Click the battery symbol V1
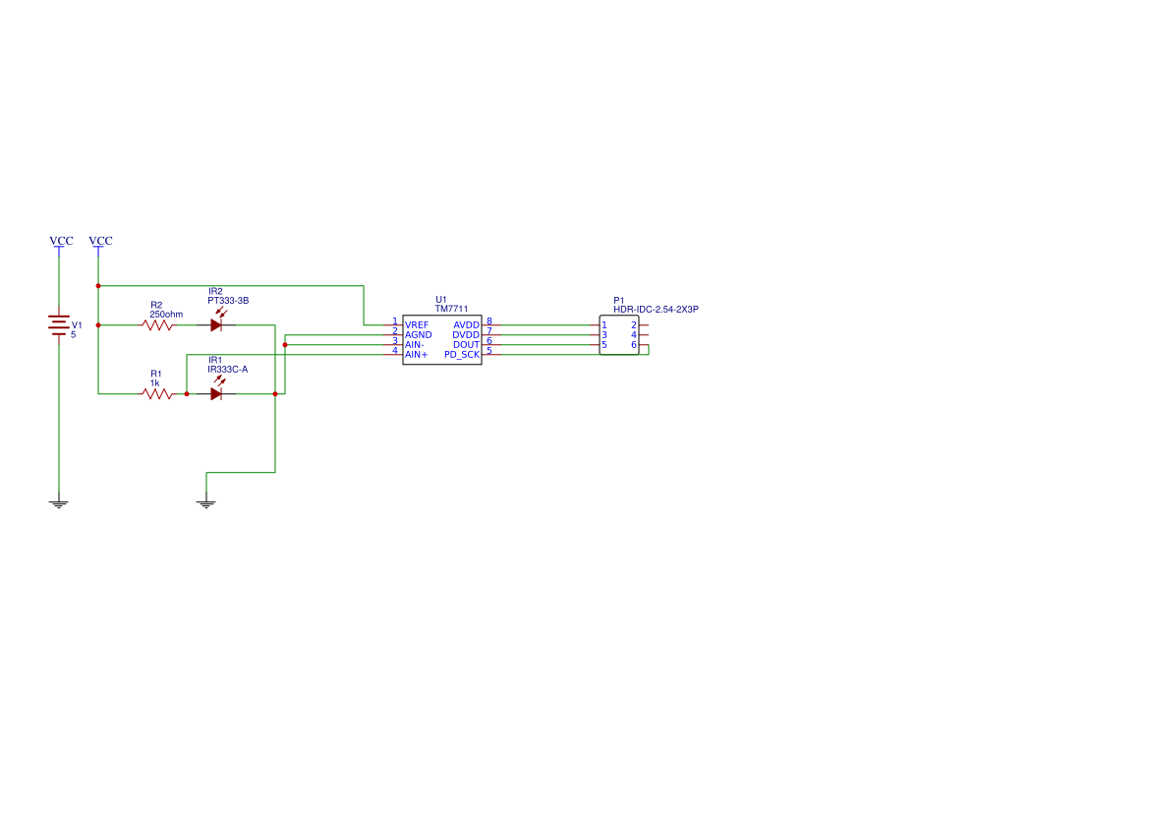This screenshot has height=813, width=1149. coord(59,324)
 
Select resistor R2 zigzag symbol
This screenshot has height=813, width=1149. coord(157,324)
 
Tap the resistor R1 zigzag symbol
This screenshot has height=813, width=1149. coord(157,393)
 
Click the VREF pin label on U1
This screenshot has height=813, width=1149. coord(417,324)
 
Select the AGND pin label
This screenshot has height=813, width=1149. coord(419,334)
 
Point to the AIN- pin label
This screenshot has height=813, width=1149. coord(415,344)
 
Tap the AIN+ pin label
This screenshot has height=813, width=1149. coord(417,354)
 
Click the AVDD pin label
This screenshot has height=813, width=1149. coord(466,324)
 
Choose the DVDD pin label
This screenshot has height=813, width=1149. coord(466,334)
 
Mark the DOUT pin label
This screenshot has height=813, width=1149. coord(466,344)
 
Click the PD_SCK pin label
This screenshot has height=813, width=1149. coord(462,354)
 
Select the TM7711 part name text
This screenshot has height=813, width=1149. coord(451,309)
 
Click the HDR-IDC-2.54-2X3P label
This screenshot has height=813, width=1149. coord(656,310)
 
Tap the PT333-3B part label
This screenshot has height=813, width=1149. coord(228,300)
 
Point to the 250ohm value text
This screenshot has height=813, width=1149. coord(166,314)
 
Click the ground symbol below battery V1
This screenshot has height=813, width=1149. coord(59,503)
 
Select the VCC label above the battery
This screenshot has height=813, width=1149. coord(61,241)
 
